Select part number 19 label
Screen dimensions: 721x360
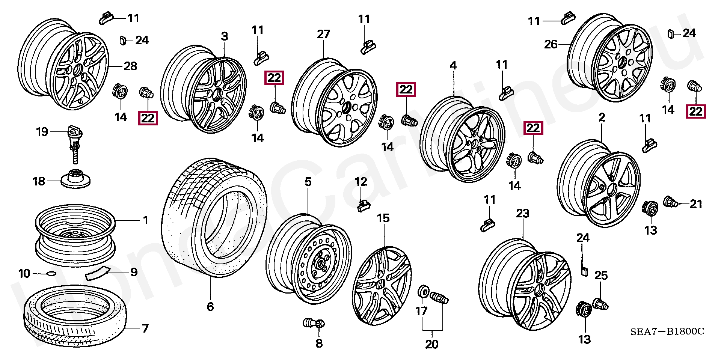coord(42,132)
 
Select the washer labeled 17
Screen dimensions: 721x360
coord(423,292)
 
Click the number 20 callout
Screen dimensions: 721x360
coord(432,344)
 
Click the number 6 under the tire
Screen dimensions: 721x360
coord(210,307)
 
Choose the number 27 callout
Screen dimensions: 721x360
coord(323,35)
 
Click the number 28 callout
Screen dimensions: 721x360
coord(131,66)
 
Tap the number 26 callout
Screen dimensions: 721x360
coord(551,45)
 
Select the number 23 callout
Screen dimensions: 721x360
coord(522,214)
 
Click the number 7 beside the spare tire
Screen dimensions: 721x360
coord(145,328)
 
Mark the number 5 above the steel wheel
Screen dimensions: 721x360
coord(308,182)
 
